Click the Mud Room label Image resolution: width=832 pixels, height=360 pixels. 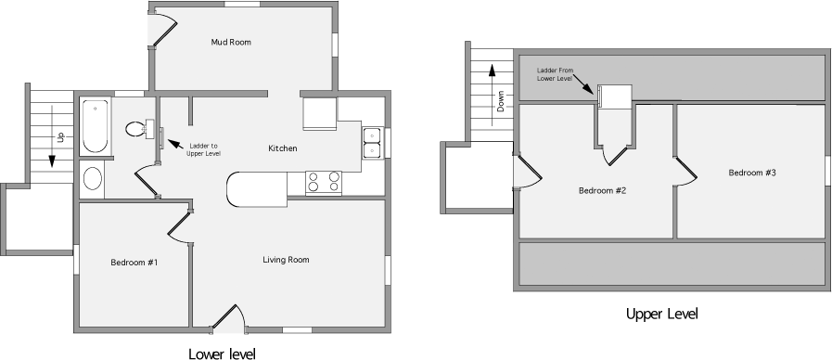pyautogui.click(x=231, y=43)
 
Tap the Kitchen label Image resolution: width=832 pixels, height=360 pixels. pyautogui.click(x=283, y=148)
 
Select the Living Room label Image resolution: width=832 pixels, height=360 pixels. pyautogui.click(x=286, y=260)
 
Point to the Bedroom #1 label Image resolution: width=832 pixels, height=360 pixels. pyautogui.click(x=134, y=263)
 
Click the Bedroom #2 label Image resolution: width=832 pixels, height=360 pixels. pyautogui.click(x=603, y=191)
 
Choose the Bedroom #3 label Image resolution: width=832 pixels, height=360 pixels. pyautogui.click(x=751, y=173)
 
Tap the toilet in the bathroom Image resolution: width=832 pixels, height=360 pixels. pyautogui.click(x=135, y=129)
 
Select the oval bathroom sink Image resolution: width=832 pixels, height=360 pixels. pyautogui.click(x=93, y=177)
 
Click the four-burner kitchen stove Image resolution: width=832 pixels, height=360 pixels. pyautogui.click(x=323, y=181)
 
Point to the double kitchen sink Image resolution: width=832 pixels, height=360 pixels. pyautogui.click(x=371, y=142)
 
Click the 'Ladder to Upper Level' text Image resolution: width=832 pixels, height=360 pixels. pyautogui.click(x=203, y=149)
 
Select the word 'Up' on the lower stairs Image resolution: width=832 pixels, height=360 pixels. pyautogui.click(x=60, y=136)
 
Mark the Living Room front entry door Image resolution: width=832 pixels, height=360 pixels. pyautogui.click(x=228, y=320)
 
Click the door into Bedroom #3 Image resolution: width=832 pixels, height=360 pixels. pyautogui.click(x=685, y=171)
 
